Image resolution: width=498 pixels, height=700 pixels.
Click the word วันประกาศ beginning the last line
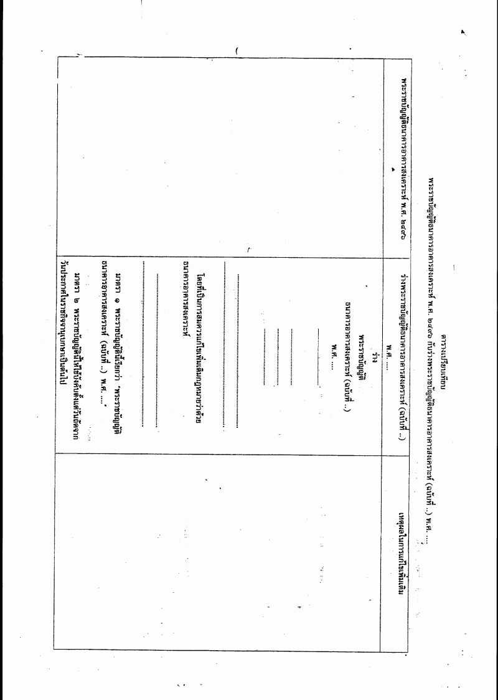tap(63, 276)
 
